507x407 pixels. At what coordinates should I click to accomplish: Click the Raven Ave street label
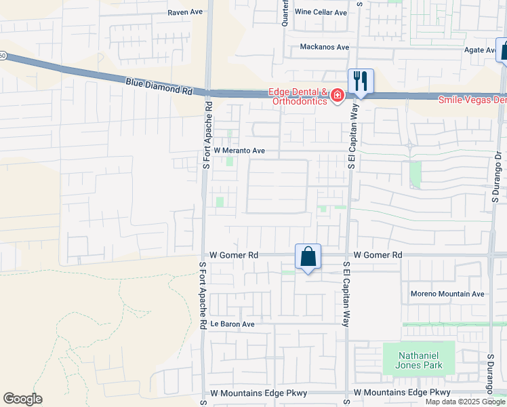pos(186,13)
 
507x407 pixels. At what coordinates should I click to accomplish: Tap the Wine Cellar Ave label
pos(321,13)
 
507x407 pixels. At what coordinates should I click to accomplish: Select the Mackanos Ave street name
pos(325,47)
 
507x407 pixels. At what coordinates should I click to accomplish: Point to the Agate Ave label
pos(480,50)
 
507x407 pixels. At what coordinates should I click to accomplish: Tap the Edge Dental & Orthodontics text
pos(298,97)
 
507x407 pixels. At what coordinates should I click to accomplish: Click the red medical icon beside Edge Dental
pos(337,98)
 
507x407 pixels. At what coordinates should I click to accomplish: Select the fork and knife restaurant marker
pos(361,81)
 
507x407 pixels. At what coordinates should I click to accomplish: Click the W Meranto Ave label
pos(239,151)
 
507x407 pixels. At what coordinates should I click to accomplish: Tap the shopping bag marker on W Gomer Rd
pos(308,257)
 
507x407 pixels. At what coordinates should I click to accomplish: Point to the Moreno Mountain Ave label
pos(447,294)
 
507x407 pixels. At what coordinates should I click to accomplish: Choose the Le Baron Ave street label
pos(232,324)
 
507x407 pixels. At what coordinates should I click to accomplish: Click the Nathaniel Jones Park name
pos(413,360)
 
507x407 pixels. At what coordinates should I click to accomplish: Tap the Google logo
pos(22,399)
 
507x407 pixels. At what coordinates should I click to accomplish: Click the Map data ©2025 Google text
pos(464,402)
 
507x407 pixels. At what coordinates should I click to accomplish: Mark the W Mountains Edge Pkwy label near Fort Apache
pos(258,393)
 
